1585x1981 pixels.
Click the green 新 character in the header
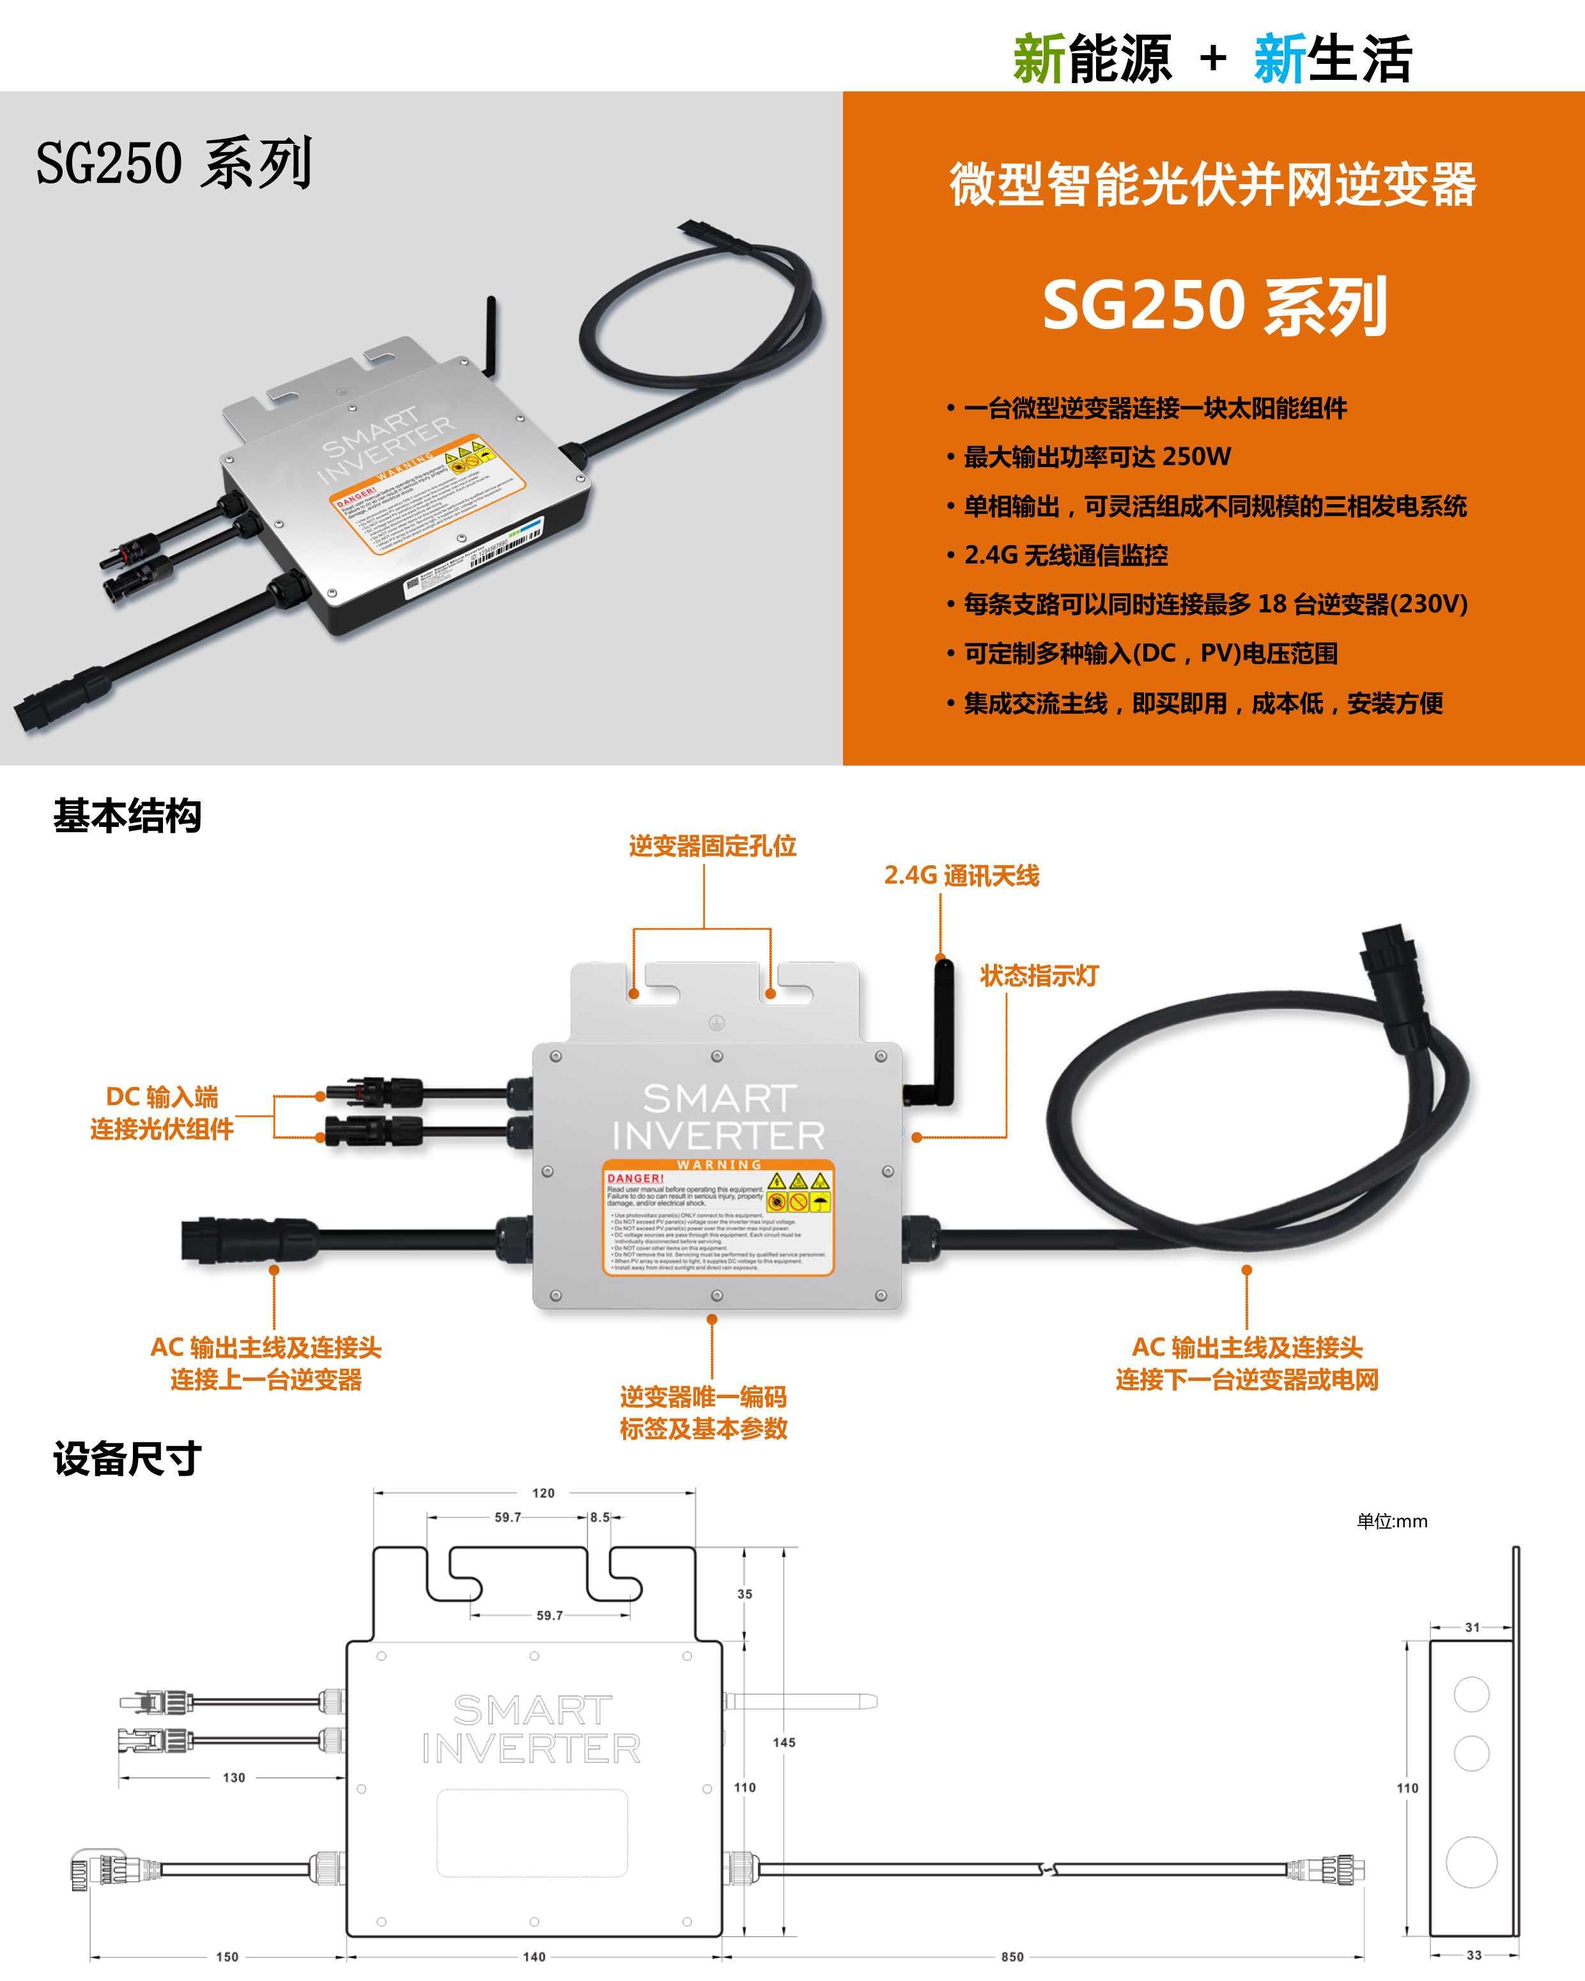1039,59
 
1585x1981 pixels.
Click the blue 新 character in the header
1280,59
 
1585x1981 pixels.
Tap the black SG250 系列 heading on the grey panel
174,164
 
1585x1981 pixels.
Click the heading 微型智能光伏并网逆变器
1213,184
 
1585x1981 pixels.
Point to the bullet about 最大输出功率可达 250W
1097,457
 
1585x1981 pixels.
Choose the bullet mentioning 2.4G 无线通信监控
1066,555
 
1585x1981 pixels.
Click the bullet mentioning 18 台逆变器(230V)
1215,604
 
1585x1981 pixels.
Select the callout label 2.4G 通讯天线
961,875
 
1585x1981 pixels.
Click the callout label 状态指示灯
1039,976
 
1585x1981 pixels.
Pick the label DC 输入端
162,1097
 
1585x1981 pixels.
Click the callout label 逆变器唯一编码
703,1397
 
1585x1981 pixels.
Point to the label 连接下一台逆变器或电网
1247,1380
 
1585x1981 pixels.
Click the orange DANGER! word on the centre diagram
635,1178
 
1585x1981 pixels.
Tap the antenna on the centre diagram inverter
943,1029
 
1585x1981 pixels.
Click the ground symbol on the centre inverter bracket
716,1022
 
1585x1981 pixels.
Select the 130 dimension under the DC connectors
235,1778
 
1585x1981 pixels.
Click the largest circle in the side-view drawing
1471,1862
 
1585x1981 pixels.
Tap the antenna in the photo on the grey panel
491,335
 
